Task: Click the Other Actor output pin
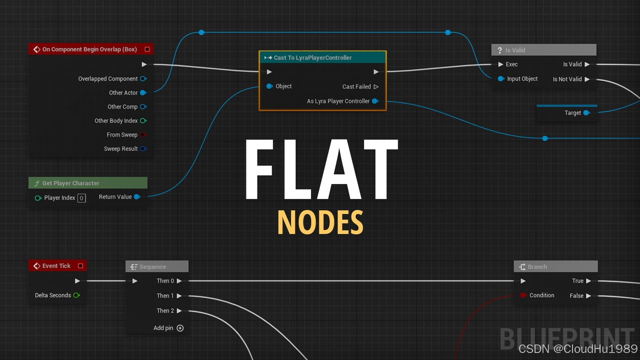[143, 92]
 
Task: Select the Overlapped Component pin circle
[143, 78]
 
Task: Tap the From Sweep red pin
[143, 134]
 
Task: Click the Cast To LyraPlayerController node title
[312, 57]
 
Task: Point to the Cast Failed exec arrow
[376, 86]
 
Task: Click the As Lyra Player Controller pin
[375, 101]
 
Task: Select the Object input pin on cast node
[269, 86]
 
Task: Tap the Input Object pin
[501, 78]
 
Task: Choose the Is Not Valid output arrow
[587, 79]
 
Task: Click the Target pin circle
[586, 113]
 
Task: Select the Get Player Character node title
[70, 183]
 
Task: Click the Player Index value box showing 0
[81, 198]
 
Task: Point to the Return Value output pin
[137, 197]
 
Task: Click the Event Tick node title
[56, 265]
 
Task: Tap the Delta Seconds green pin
[76, 295]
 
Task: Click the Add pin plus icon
[180, 328]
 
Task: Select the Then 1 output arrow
[179, 295]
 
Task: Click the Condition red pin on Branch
[523, 295]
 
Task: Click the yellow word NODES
[320, 222]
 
